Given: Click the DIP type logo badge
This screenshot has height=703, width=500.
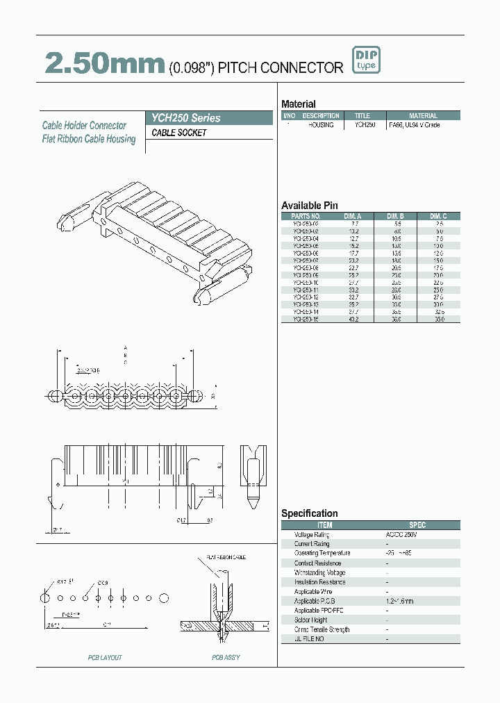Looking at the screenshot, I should tap(366, 60).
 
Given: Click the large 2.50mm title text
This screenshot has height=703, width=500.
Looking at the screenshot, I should tap(104, 64).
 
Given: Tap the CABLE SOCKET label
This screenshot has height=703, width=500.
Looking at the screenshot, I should tap(179, 133).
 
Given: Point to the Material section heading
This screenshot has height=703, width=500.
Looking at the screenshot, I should tap(298, 104).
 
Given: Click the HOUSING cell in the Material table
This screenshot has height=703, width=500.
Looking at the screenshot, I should tap(321, 125).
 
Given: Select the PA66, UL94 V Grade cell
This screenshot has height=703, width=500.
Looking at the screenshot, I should tap(414, 125).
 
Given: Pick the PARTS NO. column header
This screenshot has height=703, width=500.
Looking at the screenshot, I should tap(306, 216).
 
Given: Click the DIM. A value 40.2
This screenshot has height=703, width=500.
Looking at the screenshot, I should tap(353, 320).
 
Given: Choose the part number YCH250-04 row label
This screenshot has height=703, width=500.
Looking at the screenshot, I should tap(306, 238).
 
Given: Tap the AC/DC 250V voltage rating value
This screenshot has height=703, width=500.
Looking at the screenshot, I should tap(402, 535).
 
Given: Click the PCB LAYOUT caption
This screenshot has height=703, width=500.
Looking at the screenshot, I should tap(105, 656).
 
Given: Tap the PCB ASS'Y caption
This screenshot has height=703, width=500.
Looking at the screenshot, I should tap(226, 656).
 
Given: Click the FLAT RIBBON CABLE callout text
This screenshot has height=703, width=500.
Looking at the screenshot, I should tap(226, 557).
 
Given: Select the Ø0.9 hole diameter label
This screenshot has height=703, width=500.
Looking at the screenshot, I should tap(103, 582).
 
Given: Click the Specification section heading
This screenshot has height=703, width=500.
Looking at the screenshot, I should tap(309, 513).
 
